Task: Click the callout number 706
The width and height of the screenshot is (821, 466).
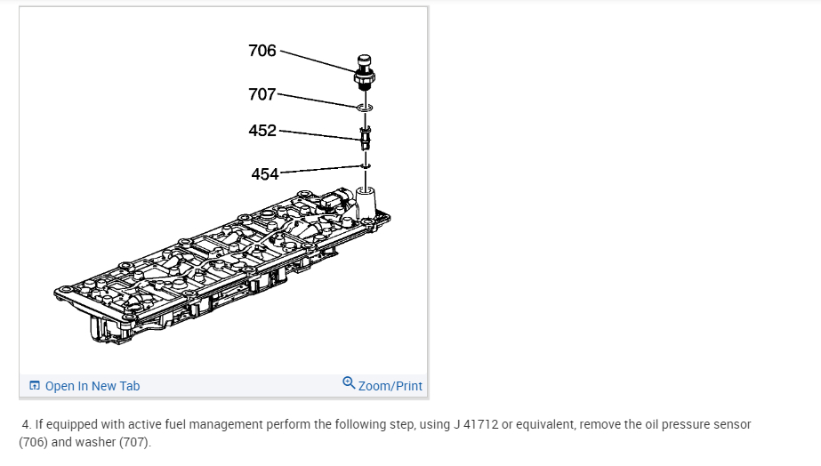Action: [262, 51]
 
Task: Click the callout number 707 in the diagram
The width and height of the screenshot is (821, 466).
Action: [262, 93]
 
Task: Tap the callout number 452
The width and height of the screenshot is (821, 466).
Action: [262, 131]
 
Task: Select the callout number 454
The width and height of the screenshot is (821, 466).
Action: [265, 174]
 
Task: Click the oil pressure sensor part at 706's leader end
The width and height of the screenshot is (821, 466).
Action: [364, 70]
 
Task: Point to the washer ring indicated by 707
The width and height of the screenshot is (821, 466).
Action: [365, 108]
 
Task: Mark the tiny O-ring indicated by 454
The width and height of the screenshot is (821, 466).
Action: [365, 165]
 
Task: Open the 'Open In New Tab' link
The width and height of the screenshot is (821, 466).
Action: [93, 386]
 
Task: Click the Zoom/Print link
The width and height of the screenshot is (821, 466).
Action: [390, 386]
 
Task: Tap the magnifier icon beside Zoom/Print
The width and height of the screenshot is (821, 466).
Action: [349, 384]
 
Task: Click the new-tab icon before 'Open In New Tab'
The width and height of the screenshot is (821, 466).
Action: [35, 386]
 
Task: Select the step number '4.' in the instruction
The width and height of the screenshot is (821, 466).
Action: [27, 424]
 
